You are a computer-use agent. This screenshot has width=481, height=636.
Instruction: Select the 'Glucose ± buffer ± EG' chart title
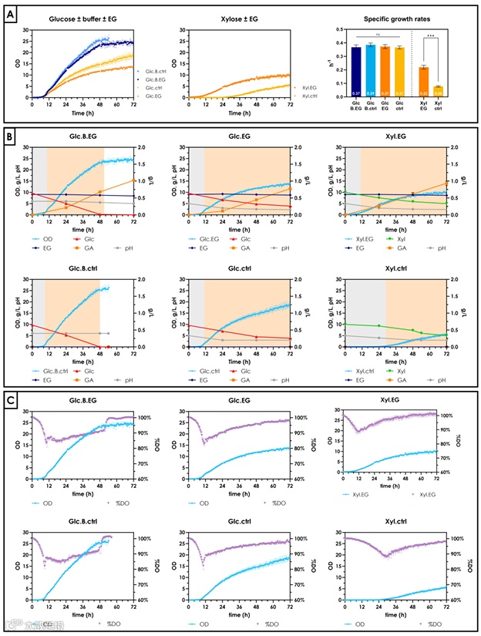coord(84,18)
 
